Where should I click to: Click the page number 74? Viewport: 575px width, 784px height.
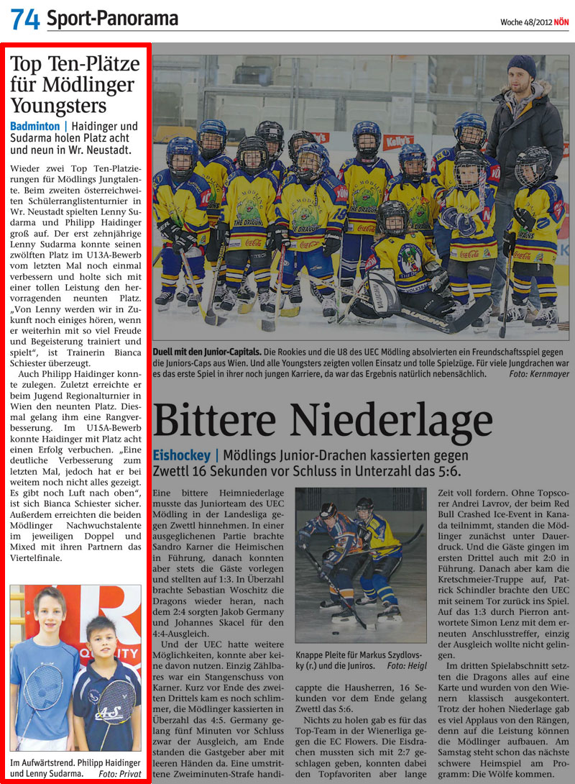tap(25, 19)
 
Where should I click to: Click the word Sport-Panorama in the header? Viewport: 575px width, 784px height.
tap(112, 19)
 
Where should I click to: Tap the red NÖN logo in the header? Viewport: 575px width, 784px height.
tap(561, 22)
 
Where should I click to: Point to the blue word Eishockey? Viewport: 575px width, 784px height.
tap(181, 456)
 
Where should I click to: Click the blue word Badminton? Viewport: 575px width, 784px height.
tap(34, 127)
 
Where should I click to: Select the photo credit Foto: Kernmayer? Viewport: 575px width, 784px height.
tap(538, 374)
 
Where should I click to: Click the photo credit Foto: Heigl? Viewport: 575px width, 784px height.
tap(406, 666)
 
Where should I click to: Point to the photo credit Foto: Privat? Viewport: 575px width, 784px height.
tap(121, 774)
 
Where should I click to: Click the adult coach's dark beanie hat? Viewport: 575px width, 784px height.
tap(521, 66)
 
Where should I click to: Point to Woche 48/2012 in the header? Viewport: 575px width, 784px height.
tap(526, 22)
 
